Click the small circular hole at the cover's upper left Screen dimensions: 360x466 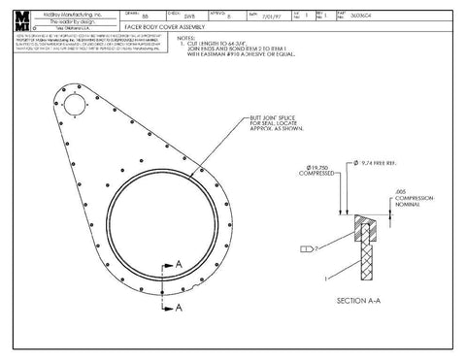pos(75,101)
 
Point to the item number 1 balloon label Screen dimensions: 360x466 pos(331,278)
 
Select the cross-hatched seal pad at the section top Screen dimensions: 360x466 pos(365,226)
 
